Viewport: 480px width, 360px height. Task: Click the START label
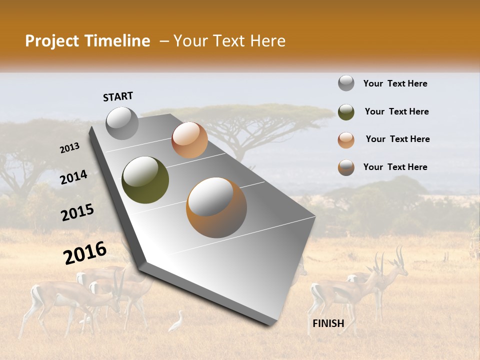pos(118,96)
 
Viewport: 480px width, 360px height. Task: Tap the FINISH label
pos(328,323)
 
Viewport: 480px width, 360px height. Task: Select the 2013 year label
pos(70,147)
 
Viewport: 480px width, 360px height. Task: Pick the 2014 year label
pos(74,177)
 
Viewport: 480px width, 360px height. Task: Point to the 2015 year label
pos(77,213)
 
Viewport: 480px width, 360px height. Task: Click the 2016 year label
pos(85,253)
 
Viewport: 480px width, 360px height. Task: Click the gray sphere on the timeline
pos(122,123)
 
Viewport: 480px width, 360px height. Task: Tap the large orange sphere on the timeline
pos(216,207)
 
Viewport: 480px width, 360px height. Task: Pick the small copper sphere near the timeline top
pos(189,140)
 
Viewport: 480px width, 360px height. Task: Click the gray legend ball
pos(346,83)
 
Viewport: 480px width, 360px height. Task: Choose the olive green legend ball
pos(346,112)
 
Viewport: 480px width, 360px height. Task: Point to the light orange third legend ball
pos(346,140)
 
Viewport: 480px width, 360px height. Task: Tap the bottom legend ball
pos(346,167)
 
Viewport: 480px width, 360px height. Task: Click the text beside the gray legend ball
pos(395,84)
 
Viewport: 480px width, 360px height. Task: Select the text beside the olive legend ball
pos(396,112)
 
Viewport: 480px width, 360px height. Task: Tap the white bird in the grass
pos(176,322)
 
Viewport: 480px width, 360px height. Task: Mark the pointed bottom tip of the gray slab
pos(270,325)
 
